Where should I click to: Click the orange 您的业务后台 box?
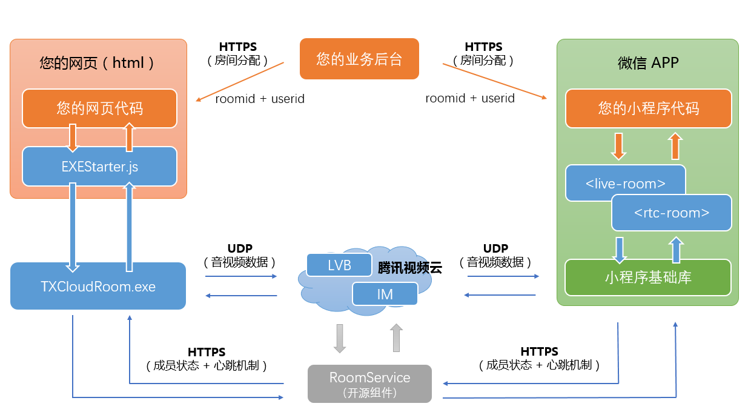[359, 59]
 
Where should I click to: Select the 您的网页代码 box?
[99, 108]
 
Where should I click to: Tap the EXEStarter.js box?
[99, 167]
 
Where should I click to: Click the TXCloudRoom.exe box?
[98, 286]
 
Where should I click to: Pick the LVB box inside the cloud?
[339, 265]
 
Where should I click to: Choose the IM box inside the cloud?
[385, 294]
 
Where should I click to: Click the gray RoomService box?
[369, 384]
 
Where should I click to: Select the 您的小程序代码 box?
[648, 108]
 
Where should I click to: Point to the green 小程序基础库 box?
[648, 277]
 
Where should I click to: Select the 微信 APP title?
[648, 62]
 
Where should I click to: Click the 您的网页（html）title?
[97, 62]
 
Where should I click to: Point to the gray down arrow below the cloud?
[340, 338]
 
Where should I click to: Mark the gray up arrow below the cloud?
[396, 338]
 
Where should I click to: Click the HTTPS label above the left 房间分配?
[237, 47]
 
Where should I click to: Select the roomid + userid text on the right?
[470, 98]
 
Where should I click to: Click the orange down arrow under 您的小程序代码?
[618, 146]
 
